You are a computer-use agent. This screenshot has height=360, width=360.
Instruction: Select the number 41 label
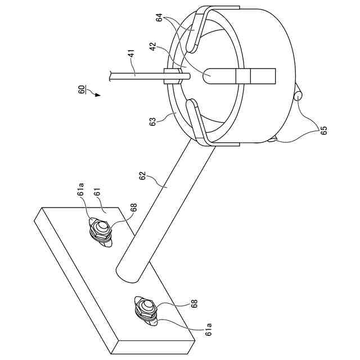132,56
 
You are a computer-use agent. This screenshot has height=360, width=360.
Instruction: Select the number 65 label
324,130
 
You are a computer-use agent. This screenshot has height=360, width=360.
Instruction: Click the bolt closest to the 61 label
101,231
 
